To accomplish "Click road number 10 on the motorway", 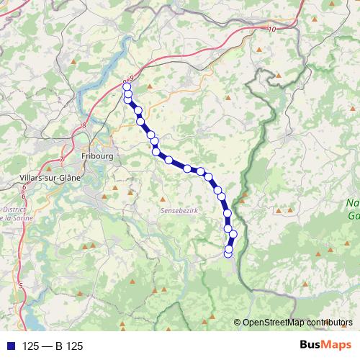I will coord(271,29).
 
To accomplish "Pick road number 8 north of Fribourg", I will coord(84,125).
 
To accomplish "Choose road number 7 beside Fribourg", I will coord(63,158).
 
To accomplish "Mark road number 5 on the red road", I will coord(22,287).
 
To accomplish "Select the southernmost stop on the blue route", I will coord(229,253).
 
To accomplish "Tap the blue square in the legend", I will coord(8,346).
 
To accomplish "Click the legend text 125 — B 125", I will coord(53,346).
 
